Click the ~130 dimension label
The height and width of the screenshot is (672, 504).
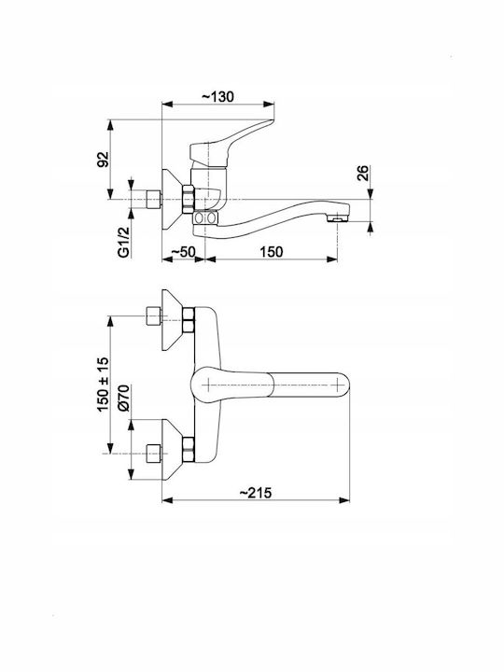pos(217,96)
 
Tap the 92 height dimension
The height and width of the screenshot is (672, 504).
pos(104,160)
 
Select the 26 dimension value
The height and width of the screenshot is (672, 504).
pos(362,174)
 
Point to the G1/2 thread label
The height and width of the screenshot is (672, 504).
pos(123,243)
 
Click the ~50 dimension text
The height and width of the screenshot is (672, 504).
pos(183,252)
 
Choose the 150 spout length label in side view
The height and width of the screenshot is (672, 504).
pos(271,252)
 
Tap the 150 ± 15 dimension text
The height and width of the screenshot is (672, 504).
pos(104,385)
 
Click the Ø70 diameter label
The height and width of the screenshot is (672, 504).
pos(123,399)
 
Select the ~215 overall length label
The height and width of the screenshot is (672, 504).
pos(256,493)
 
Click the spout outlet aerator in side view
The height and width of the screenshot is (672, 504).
pos(337,219)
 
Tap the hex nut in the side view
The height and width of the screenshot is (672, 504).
pos(189,200)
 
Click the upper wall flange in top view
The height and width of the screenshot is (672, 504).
pos(172,320)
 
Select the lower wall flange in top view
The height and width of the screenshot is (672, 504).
pos(172,450)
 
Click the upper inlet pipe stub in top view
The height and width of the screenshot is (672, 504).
pos(153,316)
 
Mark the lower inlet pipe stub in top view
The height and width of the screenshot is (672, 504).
pos(153,454)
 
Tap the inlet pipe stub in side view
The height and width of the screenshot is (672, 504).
pos(153,200)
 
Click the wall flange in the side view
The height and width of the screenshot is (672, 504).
pos(172,200)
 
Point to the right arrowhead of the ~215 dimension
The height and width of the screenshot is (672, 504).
pos(344,500)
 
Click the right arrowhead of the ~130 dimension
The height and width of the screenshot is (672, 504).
pos(269,105)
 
